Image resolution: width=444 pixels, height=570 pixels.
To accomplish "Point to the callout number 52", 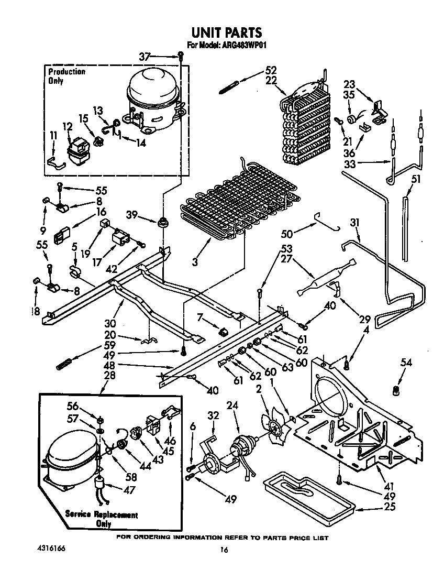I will (270, 70).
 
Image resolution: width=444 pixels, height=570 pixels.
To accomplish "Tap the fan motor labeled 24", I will (242, 450).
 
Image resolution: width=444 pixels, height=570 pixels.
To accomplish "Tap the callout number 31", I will (355, 223).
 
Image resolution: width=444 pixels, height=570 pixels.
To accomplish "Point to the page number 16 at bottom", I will (224, 550).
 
